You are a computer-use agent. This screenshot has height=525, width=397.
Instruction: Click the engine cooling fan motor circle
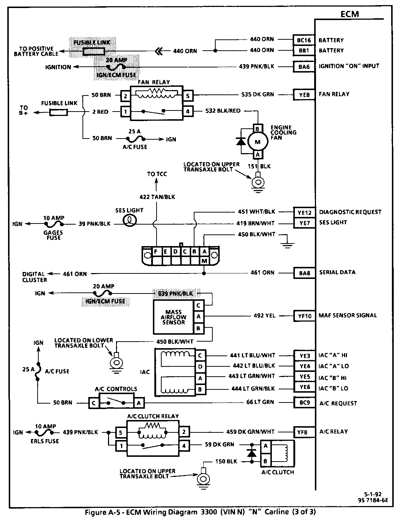point(258,141)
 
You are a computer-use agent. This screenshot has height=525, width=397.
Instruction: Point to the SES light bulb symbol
point(129,220)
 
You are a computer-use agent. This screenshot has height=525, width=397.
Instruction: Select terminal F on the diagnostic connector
point(156,251)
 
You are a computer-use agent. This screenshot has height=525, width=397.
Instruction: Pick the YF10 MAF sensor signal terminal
point(304,316)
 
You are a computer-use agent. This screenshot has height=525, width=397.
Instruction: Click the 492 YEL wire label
point(265,315)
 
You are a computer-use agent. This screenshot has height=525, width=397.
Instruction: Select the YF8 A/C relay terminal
point(302,432)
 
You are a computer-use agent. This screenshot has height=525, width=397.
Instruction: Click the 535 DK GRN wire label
point(258,94)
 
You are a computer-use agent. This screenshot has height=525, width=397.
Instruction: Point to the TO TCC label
point(157,174)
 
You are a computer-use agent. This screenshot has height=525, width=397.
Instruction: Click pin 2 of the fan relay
point(126,96)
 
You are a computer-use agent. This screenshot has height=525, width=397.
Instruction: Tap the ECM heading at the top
point(349,14)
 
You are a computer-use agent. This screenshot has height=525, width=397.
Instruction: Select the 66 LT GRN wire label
point(260,402)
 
